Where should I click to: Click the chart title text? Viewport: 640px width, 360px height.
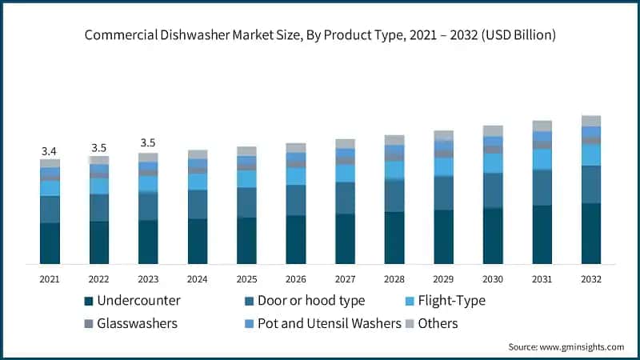pos(320,36)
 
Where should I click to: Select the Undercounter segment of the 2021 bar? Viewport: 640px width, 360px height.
pos(50,243)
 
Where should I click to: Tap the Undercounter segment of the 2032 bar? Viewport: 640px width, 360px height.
pos(591,234)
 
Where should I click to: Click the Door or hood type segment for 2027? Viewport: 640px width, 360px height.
pos(346,198)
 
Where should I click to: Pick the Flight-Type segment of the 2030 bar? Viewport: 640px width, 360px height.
pos(493,163)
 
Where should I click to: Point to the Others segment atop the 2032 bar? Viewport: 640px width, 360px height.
pos(591,121)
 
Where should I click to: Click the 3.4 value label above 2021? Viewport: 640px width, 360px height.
pos(50,151)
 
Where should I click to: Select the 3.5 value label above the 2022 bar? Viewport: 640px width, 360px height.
pos(99,148)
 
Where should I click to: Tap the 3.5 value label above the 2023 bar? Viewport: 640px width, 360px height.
pos(148,143)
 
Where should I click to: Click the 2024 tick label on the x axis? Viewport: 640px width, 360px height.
pos(198,279)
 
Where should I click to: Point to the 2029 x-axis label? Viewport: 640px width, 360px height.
pos(444,279)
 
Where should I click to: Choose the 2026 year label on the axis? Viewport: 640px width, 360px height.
pos(296,279)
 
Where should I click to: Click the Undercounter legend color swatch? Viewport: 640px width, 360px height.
pos(88,302)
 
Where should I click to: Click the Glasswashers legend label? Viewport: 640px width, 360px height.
pos(138,323)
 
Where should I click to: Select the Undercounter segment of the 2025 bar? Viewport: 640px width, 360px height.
pos(246,241)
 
